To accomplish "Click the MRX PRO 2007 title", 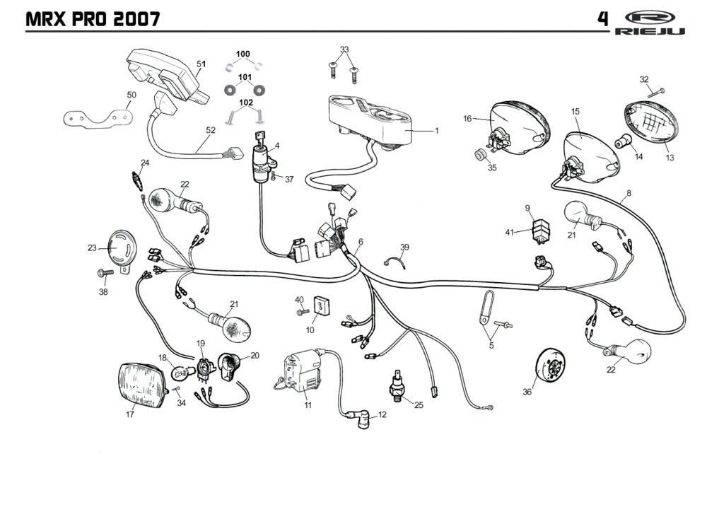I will pos(92,19).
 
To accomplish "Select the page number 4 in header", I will pos(602,18).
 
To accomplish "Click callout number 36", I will pos(527,392).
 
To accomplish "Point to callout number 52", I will pos(211,130).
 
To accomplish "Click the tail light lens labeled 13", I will pos(650,124).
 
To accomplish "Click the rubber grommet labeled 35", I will pos(479,155).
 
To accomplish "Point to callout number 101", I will pos(245,76).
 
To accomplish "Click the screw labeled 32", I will pos(658,91).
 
